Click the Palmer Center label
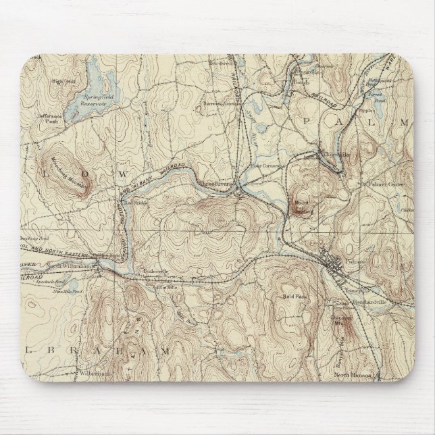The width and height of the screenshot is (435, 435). (384, 182)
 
